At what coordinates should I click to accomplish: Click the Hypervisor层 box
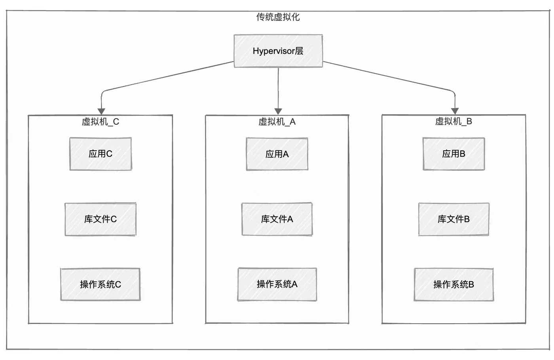tap(278, 51)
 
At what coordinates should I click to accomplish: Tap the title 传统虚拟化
tap(278, 17)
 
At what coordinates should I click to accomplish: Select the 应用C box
tap(101, 154)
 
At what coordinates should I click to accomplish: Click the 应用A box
tap(277, 154)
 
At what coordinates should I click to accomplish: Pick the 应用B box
tap(453, 154)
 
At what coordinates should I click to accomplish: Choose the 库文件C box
tap(101, 219)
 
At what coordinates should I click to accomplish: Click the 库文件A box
tap(277, 219)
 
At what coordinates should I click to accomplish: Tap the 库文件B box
tap(453, 219)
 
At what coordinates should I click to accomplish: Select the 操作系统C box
tap(101, 284)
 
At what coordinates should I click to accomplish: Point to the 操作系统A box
tap(277, 284)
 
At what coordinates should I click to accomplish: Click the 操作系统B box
tap(453, 284)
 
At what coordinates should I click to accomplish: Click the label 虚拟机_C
tap(101, 122)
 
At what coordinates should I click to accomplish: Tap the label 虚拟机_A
tap(277, 122)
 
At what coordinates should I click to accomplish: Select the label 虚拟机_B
tap(453, 121)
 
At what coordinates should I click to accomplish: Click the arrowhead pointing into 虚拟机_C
tap(101, 112)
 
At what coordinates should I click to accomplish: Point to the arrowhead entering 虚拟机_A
tap(278, 112)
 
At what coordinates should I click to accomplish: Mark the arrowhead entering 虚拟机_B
tap(455, 111)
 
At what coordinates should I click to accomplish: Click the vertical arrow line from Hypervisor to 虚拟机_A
tap(278, 88)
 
